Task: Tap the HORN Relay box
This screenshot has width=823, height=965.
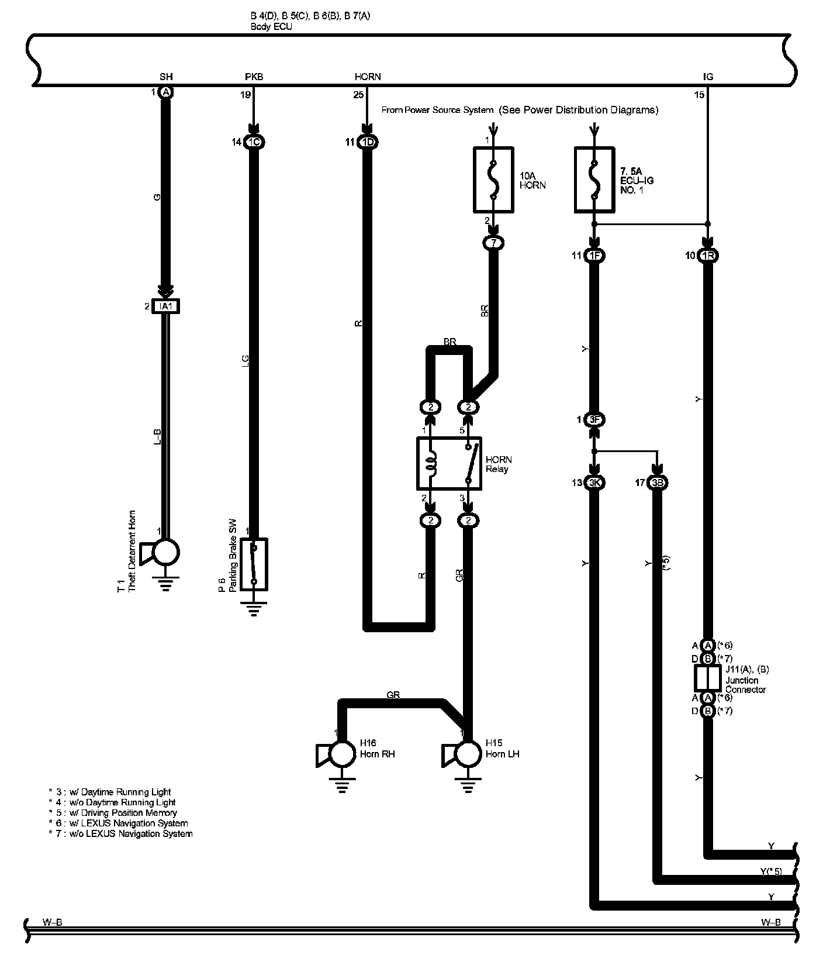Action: click(x=449, y=463)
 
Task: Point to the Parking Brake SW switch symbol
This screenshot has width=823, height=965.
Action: click(x=254, y=564)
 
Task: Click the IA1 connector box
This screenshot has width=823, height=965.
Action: click(x=165, y=306)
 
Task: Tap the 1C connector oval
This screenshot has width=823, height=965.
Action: click(x=253, y=142)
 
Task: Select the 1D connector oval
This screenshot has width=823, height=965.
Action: click(x=368, y=142)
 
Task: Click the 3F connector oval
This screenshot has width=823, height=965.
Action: click(x=594, y=419)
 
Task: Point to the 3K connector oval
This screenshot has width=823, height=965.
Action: click(x=594, y=482)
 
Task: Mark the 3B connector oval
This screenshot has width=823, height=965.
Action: click(x=658, y=482)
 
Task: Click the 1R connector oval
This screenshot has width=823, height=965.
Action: click(x=708, y=256)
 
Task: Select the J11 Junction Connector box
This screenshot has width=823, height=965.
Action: click(x=708, y=678)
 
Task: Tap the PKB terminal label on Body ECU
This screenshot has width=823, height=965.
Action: click(x=254, y=77)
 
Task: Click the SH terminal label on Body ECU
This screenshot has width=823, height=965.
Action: click(x=166, y=77)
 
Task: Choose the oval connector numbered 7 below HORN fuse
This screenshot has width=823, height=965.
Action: click(x=493, y=242)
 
